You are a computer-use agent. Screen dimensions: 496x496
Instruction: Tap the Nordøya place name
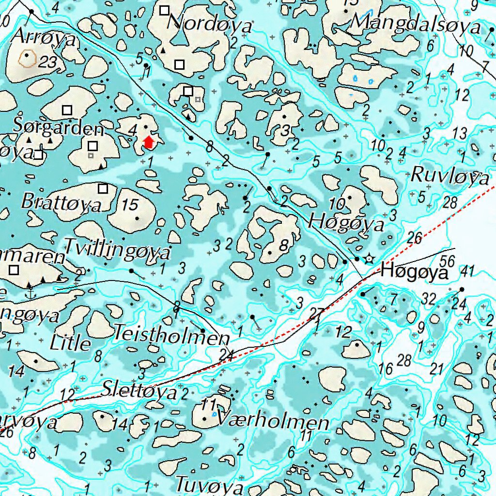[212, 24]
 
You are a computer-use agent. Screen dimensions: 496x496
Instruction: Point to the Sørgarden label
[58, 128]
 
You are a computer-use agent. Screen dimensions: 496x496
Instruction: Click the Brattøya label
[62, 202]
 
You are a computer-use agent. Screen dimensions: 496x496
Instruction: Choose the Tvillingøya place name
[117, 250]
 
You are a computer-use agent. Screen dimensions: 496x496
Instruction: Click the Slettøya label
[140, 390]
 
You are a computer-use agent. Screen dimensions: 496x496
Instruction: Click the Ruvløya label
[450, 176]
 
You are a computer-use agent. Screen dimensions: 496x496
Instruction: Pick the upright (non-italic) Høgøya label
[414, 272]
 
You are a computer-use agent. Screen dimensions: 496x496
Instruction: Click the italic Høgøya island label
[346, 223]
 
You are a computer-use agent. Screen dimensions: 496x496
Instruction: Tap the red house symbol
[149, 141]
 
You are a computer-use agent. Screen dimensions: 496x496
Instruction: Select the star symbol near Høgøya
[370, 259]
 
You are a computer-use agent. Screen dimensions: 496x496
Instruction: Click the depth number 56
[448, 262]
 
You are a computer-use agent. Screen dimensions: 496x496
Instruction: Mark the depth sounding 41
[467, 271]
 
